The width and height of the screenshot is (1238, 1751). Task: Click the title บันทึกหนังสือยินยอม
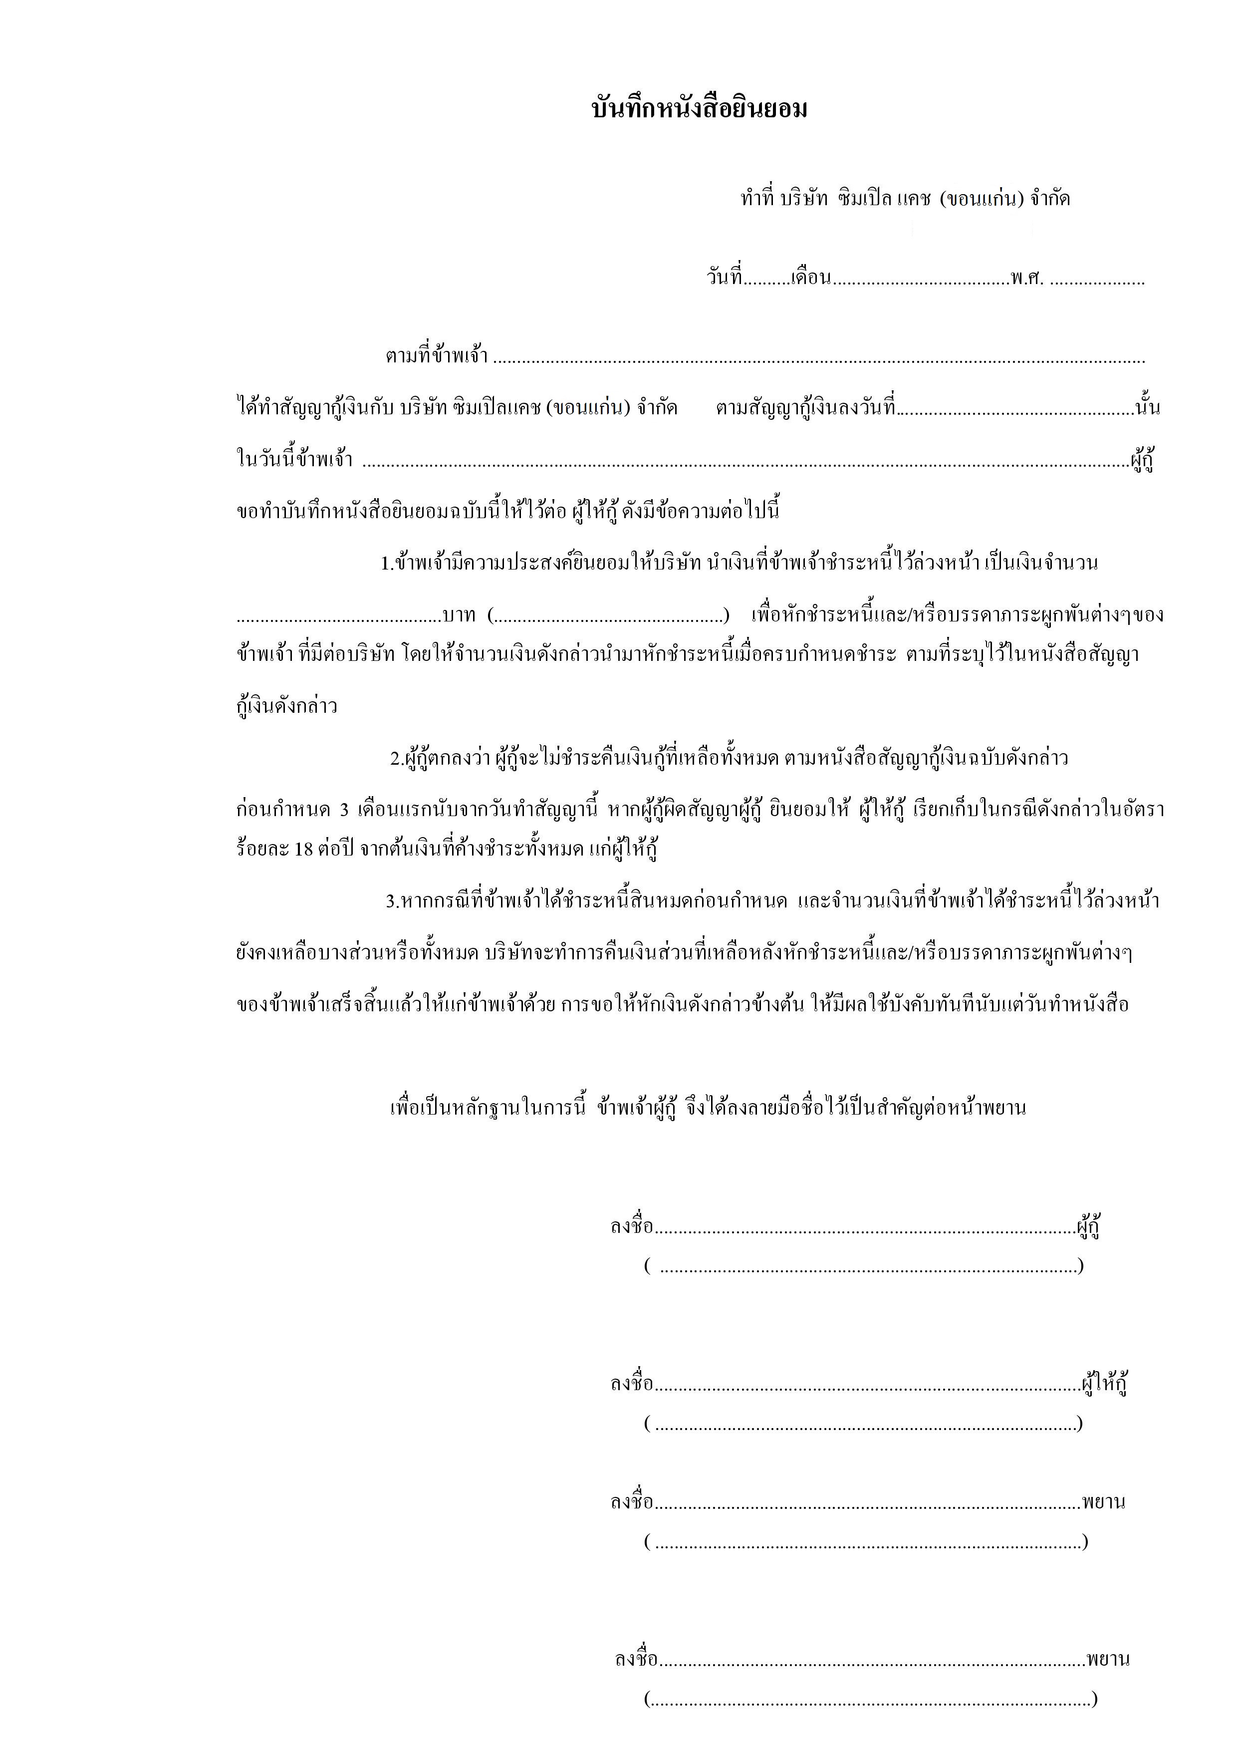(x=699, y=109)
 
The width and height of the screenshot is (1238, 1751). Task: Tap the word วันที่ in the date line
(x=724, y=278)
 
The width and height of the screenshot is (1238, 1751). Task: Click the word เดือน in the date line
(x=810, y=278)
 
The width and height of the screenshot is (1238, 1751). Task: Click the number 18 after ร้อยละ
(x=303, y=849)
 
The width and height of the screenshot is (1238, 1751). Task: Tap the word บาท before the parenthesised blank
(x=459, y=614)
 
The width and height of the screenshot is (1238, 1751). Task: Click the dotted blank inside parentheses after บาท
(x=608, y=616)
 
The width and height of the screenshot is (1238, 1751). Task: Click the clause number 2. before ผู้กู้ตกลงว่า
(x=396, y=759)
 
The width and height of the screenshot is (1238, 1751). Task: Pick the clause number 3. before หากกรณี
(x=392, y=902)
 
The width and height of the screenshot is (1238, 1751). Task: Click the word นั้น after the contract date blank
(x=1147, y=407)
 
